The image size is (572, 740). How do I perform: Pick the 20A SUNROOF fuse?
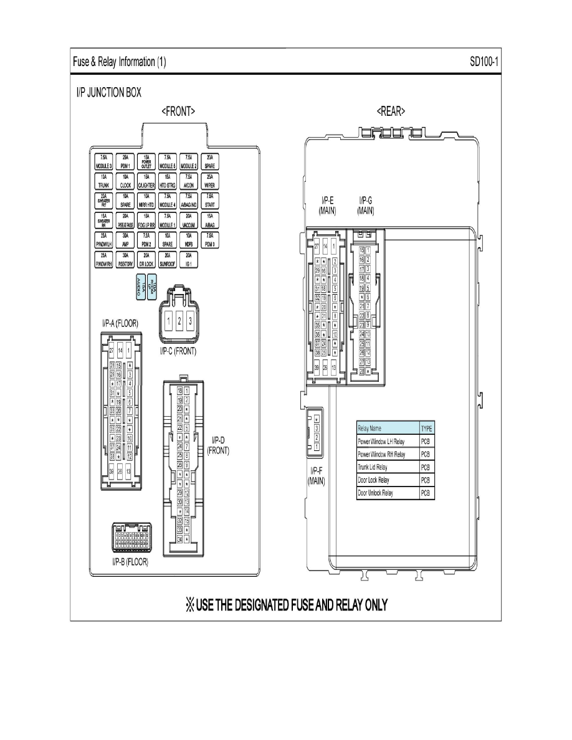point(168,260)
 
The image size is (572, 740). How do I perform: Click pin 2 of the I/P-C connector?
point(179,321)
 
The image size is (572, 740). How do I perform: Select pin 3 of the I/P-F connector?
point(317,428)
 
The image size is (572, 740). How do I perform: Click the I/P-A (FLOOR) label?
point(120,323)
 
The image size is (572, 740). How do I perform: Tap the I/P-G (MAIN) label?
point(366,206)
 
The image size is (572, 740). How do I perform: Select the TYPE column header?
point(427,429)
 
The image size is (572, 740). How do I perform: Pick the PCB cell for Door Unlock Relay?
point(427,493)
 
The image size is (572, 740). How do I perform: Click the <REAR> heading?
point(391,111)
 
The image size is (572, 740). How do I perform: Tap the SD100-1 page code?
point(486,62)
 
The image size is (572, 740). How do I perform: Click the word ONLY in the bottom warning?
point(371,605)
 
